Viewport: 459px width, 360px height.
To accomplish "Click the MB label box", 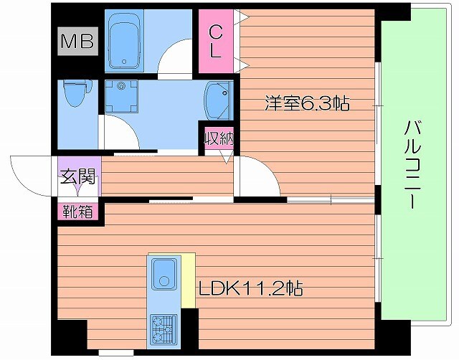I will (77, 42).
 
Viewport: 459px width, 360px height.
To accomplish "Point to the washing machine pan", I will (120, 96).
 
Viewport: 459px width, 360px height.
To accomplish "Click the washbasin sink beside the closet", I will (217, 98).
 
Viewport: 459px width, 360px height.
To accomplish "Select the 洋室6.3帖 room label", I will (306, 104).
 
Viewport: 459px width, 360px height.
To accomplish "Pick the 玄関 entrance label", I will (78, 176).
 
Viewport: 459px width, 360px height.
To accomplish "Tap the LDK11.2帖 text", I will (250, 289).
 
